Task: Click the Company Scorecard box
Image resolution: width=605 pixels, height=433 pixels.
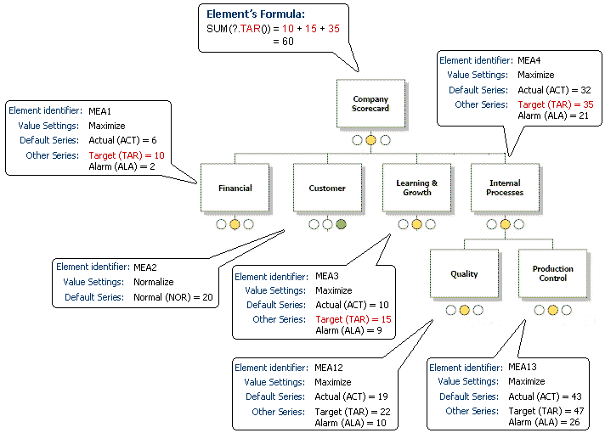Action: [370, 104]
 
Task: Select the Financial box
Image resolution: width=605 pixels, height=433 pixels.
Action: [235, 188]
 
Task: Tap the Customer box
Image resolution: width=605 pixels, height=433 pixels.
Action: [327, 188]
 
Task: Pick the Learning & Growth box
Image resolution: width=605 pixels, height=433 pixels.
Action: [416, 188]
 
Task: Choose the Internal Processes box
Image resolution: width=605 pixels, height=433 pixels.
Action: [505, 188]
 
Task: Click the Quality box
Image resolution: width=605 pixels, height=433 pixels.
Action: [464, 273]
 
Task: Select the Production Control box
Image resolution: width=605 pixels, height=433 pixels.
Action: [553, 273]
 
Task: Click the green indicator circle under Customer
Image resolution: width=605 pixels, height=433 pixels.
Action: [341, 225]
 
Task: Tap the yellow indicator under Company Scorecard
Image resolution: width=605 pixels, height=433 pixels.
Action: [371, 140]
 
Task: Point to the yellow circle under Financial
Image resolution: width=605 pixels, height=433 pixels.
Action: [235, 225]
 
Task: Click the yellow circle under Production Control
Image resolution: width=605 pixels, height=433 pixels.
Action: [553, 311]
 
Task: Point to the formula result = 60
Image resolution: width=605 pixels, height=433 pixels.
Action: [283, 41]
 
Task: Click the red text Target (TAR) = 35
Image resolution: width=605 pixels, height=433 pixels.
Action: [546, 104]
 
